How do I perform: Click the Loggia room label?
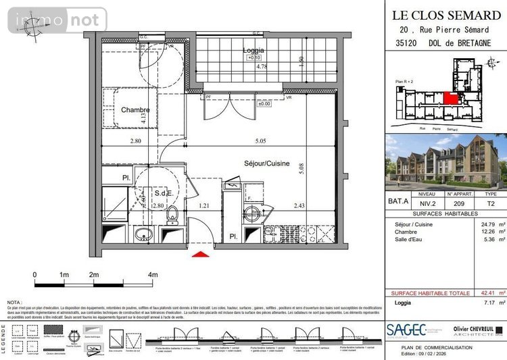click(x=254, y=50)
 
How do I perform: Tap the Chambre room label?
click(x=135, y=109)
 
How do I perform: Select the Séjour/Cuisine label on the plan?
click(x=267, y=163)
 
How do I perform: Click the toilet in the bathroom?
click(x=172, y=215)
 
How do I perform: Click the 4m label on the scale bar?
click(x=153, y=275)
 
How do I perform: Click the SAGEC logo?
click(x=406, y=329)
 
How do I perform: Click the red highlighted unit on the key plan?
click(x=451, y=97)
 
